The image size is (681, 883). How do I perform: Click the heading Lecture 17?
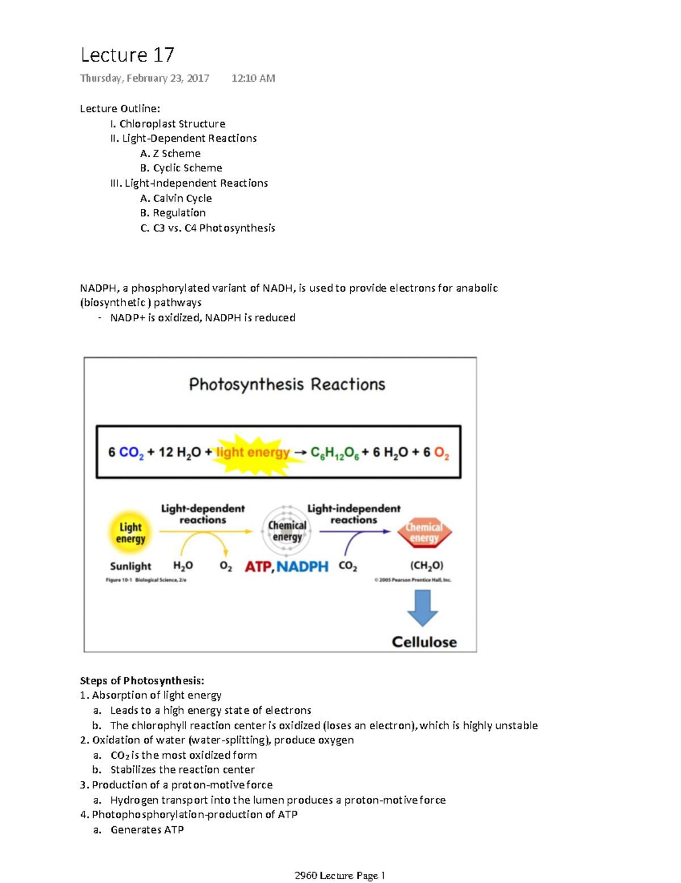(127, 55)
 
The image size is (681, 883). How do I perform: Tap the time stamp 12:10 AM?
(253, 78)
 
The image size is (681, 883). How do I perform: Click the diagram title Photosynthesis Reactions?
(287, 384)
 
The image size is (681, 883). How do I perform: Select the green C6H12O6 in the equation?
(334, 453)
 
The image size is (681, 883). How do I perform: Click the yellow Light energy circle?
(131, 533)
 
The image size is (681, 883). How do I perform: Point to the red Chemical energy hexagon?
(424, 533)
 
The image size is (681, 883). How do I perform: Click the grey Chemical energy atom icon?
(287, 531)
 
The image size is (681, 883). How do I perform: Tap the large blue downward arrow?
(423, 608)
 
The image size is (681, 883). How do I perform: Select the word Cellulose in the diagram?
(424, 642)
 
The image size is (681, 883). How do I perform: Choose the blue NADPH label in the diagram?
(302, 566)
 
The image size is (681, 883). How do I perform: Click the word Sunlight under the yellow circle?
(131, 566)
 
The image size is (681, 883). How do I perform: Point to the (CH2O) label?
(427, 566)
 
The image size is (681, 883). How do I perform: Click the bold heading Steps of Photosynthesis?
(142, 680)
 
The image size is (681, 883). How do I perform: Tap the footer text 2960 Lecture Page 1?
(340, 876)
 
